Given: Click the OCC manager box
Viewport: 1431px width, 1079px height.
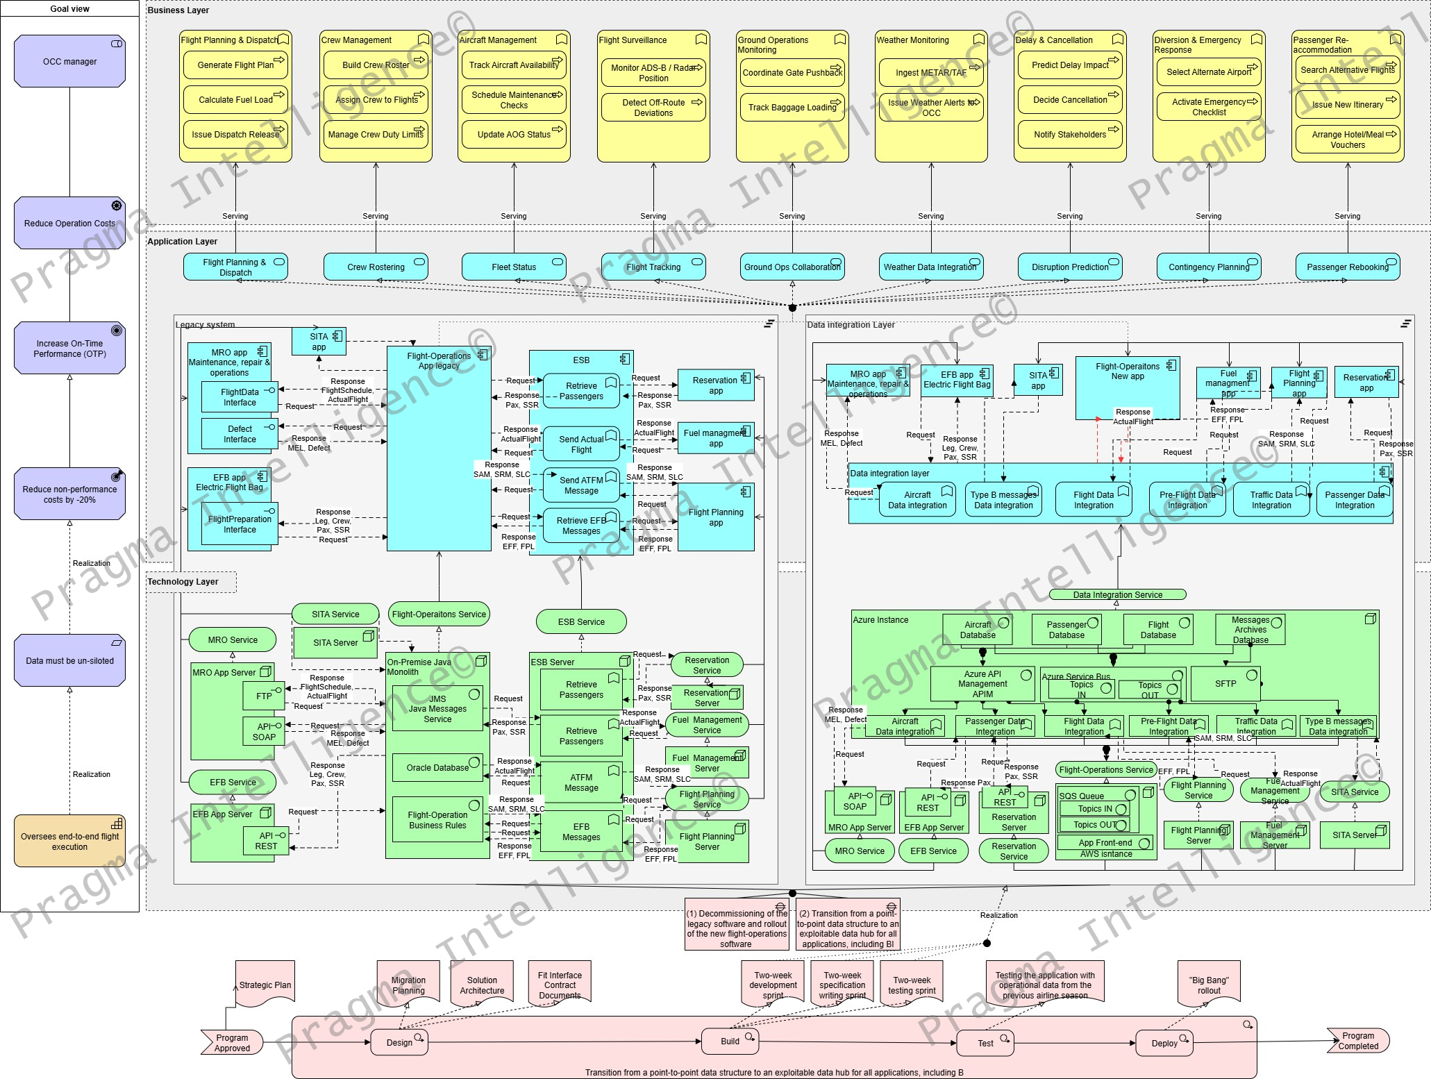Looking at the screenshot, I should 69,62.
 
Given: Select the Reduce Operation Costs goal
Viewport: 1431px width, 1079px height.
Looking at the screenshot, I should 69,223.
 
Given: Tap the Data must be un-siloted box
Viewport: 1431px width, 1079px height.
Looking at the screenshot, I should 69,660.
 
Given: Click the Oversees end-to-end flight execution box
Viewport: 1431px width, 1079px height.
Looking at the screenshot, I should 69,841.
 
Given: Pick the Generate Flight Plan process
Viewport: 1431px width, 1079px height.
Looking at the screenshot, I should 235,65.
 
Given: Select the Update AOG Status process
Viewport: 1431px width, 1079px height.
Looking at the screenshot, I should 514,135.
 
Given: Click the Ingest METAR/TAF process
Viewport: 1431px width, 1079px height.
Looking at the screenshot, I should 930,72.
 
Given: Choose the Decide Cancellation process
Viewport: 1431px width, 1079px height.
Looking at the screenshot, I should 1069,100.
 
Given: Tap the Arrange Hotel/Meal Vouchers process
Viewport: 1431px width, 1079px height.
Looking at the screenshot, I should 1347,140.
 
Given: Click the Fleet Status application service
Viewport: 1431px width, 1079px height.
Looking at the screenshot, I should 514,267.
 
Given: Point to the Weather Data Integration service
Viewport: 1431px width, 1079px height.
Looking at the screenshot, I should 930,267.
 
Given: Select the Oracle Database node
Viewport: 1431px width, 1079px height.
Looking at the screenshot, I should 437,768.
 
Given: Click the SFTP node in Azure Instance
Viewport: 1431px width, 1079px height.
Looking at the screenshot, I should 1225,684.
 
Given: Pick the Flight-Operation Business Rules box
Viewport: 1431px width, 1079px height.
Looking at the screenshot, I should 437,820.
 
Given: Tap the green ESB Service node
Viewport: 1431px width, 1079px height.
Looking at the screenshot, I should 581,621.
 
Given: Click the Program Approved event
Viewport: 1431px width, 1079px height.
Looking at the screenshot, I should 232,1043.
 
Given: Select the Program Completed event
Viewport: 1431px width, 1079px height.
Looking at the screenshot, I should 1358,1041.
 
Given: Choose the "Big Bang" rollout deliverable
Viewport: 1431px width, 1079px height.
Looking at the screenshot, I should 1209,985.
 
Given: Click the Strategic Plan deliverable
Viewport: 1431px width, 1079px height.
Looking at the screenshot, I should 265,985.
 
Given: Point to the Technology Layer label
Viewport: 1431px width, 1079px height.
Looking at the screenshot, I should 183,582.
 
